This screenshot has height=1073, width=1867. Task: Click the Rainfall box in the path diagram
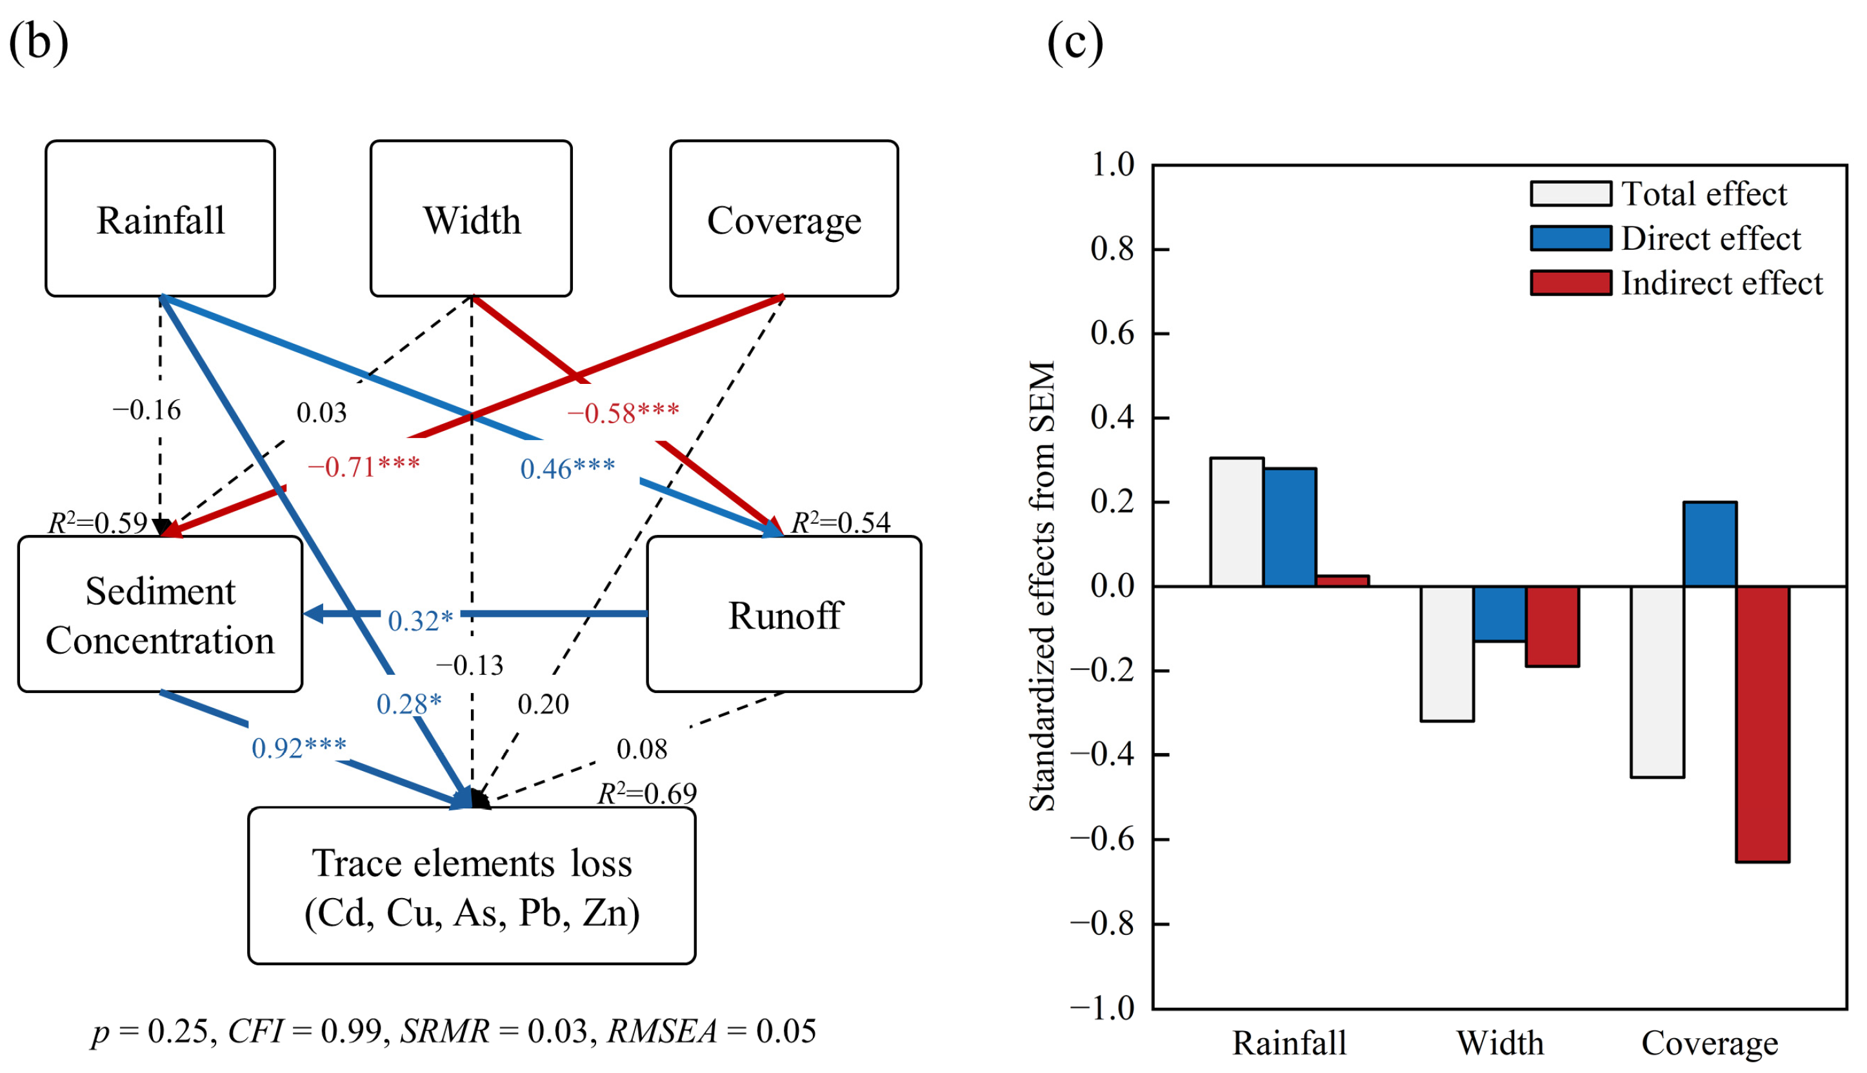160,219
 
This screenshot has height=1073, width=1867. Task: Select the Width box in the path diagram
471,219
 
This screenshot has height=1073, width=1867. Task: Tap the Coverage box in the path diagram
783,219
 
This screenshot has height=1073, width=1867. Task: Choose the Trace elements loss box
472,886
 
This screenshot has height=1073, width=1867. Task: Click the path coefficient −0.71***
363,467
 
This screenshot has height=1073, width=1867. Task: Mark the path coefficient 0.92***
299,748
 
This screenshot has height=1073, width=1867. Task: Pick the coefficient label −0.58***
623,414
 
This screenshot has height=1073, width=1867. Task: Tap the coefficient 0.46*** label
567,468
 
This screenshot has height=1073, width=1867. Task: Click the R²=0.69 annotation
646,794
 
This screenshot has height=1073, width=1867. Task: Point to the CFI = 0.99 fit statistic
310,1031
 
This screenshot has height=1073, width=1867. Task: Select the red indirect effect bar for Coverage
1762,724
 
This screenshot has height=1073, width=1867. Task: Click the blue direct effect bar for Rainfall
1290,527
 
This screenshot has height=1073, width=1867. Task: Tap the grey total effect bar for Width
1446,653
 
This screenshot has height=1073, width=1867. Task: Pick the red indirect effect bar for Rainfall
1342,581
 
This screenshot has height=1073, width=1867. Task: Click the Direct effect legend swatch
1570,239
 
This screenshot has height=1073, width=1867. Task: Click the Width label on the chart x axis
1499,1043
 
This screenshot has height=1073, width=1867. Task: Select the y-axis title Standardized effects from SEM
1042,586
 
